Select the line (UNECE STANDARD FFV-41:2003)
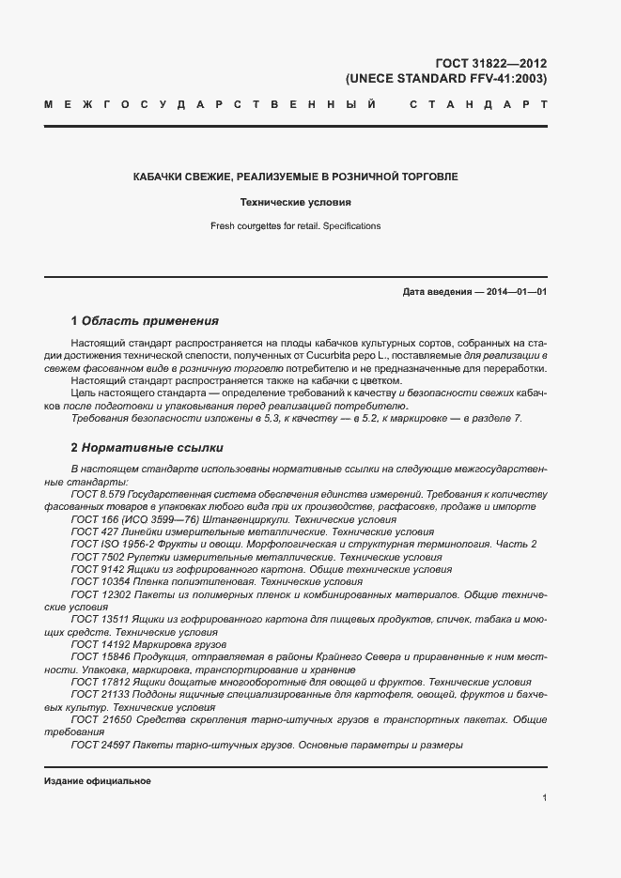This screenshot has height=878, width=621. click(446, 79)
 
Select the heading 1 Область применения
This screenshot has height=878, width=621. click(145, 320)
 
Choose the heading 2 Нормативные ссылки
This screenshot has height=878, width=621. click(147, 447)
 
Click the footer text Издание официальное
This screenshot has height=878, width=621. click(98, 780)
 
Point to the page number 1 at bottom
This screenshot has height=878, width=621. click(545, 797)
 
